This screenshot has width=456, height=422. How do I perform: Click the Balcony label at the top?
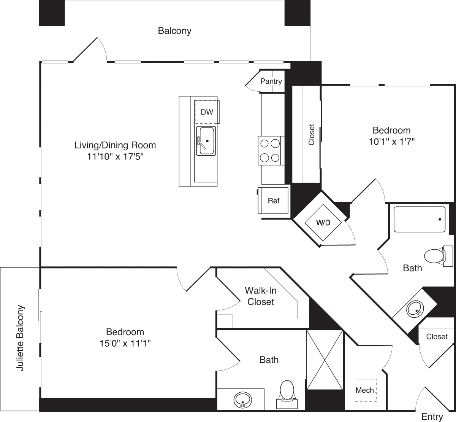(174, 31)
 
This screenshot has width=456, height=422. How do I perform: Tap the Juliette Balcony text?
(21, 338)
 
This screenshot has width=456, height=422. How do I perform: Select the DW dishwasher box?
(207, 112)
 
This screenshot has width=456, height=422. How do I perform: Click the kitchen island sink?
(206, 141)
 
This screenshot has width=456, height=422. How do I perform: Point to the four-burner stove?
(270, 150)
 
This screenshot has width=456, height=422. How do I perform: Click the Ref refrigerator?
(273, 201)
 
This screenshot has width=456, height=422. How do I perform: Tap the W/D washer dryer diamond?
(323, 223)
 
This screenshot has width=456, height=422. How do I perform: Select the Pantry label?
(271, 81)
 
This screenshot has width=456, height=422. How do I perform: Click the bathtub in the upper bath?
(419, 220)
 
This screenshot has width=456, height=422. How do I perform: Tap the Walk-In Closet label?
(260, 296)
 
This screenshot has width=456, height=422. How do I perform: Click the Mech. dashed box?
(365, 390)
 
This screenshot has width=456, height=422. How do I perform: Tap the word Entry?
(432, 416)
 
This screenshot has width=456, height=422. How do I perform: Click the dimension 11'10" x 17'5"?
(115, 156)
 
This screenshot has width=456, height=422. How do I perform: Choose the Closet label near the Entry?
(437, 337)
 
